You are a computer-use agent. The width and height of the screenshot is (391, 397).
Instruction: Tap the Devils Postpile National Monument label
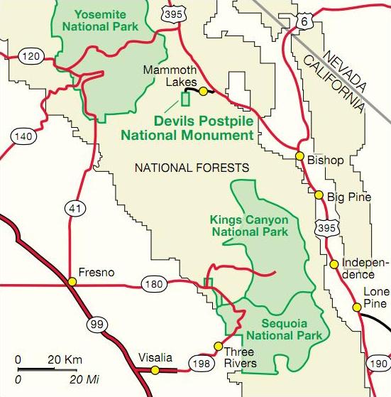[x=187, y=128]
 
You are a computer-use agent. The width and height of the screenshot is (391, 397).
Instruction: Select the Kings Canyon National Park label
[x=249, y=225]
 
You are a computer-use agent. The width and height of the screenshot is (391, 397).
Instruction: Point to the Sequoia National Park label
[x=284, y=328]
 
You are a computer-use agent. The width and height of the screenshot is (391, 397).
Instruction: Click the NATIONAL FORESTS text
[x=192, y=168]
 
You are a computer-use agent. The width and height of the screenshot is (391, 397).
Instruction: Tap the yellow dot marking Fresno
[x=72, y=282]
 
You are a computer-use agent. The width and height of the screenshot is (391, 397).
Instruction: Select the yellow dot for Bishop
[x=299, y=156]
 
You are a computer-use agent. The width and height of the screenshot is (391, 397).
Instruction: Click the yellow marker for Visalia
[x=155, y=370]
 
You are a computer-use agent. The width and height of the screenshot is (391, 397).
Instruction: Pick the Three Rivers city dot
[x=218, y=347]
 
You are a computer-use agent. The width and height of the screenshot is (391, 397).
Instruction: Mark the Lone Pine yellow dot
[x=356, y=308]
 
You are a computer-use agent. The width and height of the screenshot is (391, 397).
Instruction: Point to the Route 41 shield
[x=74, y=207]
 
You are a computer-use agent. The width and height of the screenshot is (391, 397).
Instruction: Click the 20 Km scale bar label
[x=65, y=359]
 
